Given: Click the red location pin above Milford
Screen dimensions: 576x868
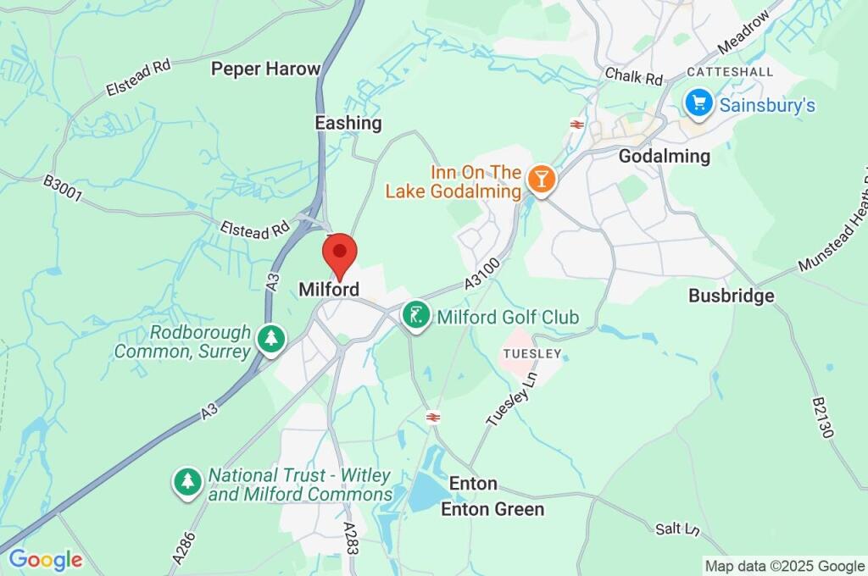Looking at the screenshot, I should pyautogui.click(x=340, y=253).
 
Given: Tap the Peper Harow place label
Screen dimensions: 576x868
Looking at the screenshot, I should pyautogui.click(x=265, y=69).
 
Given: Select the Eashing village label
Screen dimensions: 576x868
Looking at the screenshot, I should pyautogui.click(x=348, y=123).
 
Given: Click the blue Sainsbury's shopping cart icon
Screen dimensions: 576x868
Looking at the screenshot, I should pyautogui.click(x=698, y=104).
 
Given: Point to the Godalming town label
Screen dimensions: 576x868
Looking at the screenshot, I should pyautogui.click(x=664, y=156).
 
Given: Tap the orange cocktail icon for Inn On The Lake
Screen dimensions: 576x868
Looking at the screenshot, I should pyautogui.click(x=540, y=179).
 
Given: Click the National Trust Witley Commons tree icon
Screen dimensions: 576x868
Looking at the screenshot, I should pyautogui.click(x=187, y=483).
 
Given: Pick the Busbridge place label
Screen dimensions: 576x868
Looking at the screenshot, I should pyautogui.click(x=731, y=296).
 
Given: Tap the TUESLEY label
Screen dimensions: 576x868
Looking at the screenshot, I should pyautogui.click(x=532, y=353).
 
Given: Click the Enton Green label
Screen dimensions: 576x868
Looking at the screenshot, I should pyautogui.click(x=492, y=509).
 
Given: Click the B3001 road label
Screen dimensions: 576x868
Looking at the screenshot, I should pyautogui.click(x=64, y=189).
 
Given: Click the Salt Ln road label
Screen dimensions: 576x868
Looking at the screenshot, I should pyautogui.click(x=678, y=529).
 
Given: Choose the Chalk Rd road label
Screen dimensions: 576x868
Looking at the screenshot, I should pyautogui.click(x=633, y=76).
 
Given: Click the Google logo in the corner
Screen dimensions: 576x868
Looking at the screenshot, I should pyautogui.click(x=45, y=560).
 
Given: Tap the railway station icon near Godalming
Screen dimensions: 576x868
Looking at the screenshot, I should pyautogui.click(x=576, y=125).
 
